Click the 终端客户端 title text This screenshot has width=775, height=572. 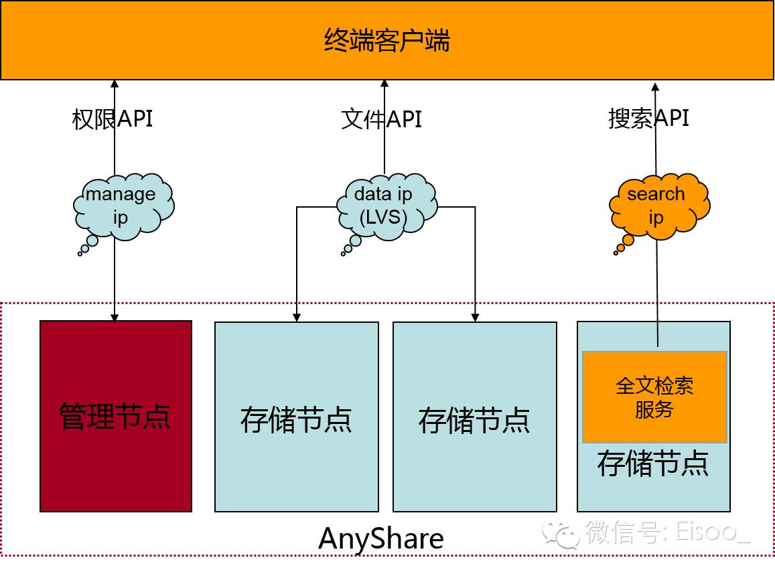click(x=386, y=41)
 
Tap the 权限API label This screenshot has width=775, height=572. click(x=112, y=119)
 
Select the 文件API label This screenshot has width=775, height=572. click(x=381, y=119)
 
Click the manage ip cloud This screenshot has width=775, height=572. click(x=121, y=205)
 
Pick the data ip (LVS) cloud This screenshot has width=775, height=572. click(x=383, y=205)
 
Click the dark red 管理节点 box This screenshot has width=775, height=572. click(x=116, y=416)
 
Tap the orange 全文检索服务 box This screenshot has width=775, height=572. click(x=654, y=397)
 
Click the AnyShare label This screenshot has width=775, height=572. click(x=380, y=539)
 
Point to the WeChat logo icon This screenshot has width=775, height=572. click(x=561, y=534)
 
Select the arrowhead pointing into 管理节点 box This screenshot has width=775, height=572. click(x=115, y=316)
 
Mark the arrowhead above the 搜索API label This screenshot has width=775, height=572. click(x=655, y=86)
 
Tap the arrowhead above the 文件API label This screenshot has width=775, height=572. click(x=384, y=84)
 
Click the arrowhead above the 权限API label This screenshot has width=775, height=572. click(x=115, y=84)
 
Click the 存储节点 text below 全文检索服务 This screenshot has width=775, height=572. click(x=653, y=463)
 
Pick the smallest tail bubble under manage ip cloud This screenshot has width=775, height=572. click(x=80, y=254)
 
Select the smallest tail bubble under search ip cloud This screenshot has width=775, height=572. click(x=615, y=253)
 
